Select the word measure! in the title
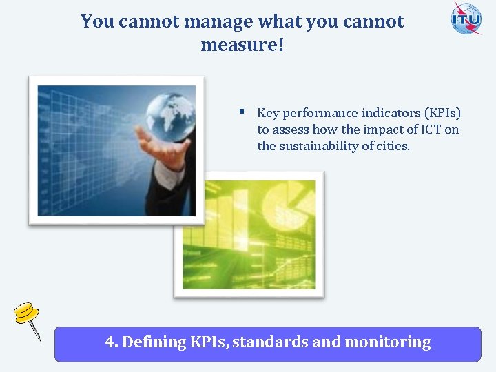[x=242, y=45]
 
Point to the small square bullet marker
[x=242, y=111]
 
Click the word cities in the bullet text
[x=391, y=146]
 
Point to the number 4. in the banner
[x=112, y=342]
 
